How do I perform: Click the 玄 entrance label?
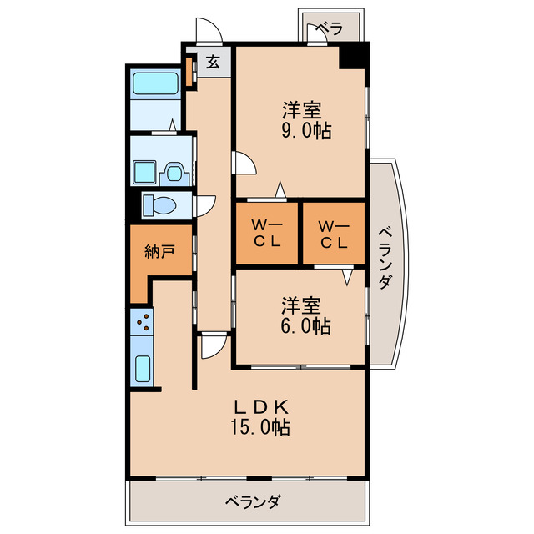[x=214, y=63]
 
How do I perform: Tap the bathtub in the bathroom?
[x=156, y=85]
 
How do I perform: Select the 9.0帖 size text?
[x=301, y=131]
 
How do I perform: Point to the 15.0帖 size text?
[x=260, y=429]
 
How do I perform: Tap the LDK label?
[x=260, y=408]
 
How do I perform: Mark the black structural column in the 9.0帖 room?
[x=353, y=59]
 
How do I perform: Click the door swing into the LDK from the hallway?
[x=212, y=344]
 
